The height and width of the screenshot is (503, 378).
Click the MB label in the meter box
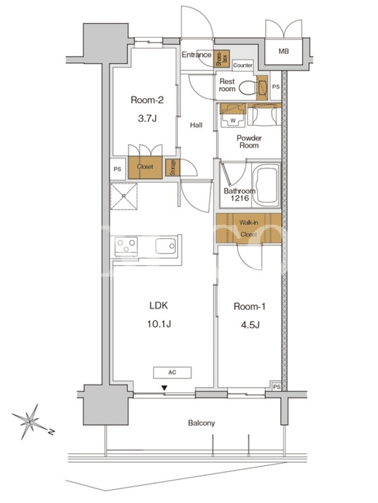283,51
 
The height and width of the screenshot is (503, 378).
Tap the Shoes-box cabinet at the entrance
222,58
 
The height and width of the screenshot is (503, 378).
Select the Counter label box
243,65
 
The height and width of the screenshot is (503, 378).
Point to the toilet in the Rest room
248,87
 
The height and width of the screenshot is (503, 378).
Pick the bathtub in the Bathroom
265,184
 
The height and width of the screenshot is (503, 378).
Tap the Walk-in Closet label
248,228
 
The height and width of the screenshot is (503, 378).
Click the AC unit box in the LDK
172,372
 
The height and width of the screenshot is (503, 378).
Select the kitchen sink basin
166,246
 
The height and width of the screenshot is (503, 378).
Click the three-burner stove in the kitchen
127,246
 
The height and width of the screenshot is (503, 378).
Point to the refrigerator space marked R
123,197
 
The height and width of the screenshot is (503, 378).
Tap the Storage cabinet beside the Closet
173,167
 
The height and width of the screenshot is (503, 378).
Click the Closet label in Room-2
145,167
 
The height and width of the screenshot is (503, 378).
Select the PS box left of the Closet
118,169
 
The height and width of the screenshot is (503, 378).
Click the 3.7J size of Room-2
147,119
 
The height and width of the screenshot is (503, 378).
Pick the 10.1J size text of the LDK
159,324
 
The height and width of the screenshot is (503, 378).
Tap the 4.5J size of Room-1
250,325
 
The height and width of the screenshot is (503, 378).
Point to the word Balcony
201,423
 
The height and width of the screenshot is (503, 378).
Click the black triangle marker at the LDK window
164,388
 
